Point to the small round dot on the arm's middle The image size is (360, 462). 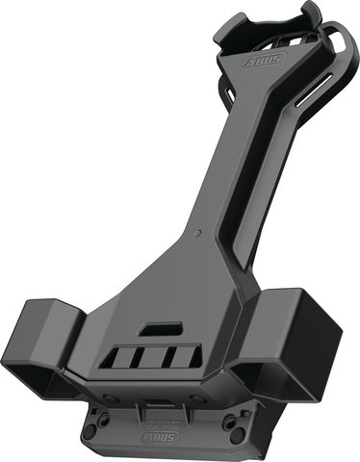(x=198, y=231)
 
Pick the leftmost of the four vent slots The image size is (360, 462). (x=120, y=360)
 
